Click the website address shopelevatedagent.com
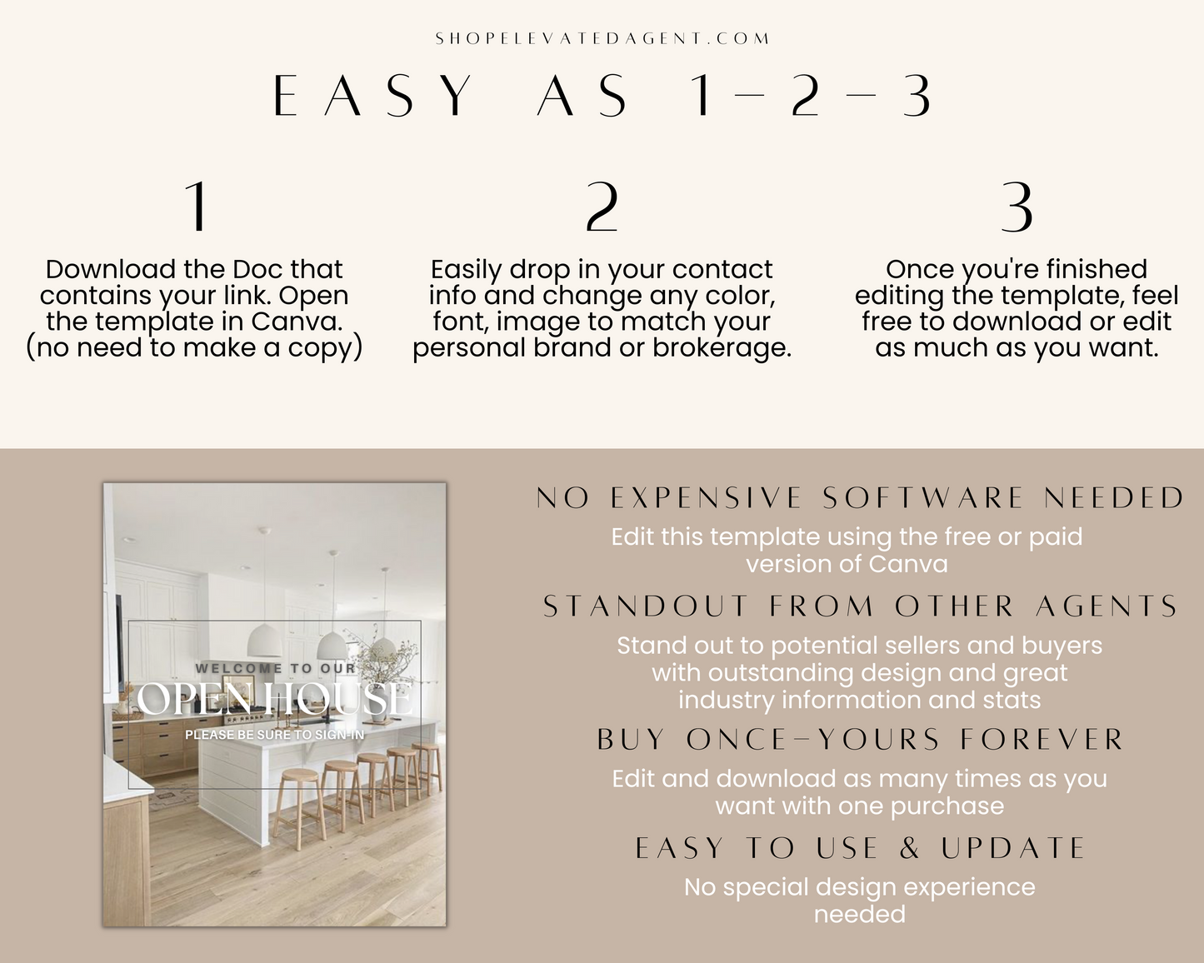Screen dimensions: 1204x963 [x=602, y=38]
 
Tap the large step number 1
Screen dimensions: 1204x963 [x=197, y=207]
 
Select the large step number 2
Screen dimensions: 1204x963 [x=602, y=207]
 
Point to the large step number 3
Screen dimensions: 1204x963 [x=1017, y=207]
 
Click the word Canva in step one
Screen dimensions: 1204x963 [x=296, y=322]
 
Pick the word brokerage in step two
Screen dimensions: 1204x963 [x=722, y=347]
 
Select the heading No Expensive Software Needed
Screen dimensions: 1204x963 [x=860, y=497]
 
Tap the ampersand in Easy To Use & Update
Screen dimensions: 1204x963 [x=910, y=848]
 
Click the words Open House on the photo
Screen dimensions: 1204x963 [x=275, y=698]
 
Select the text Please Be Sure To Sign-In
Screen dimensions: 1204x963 [x=275, y=735]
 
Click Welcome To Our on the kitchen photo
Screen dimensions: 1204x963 [x=275, y=668]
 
